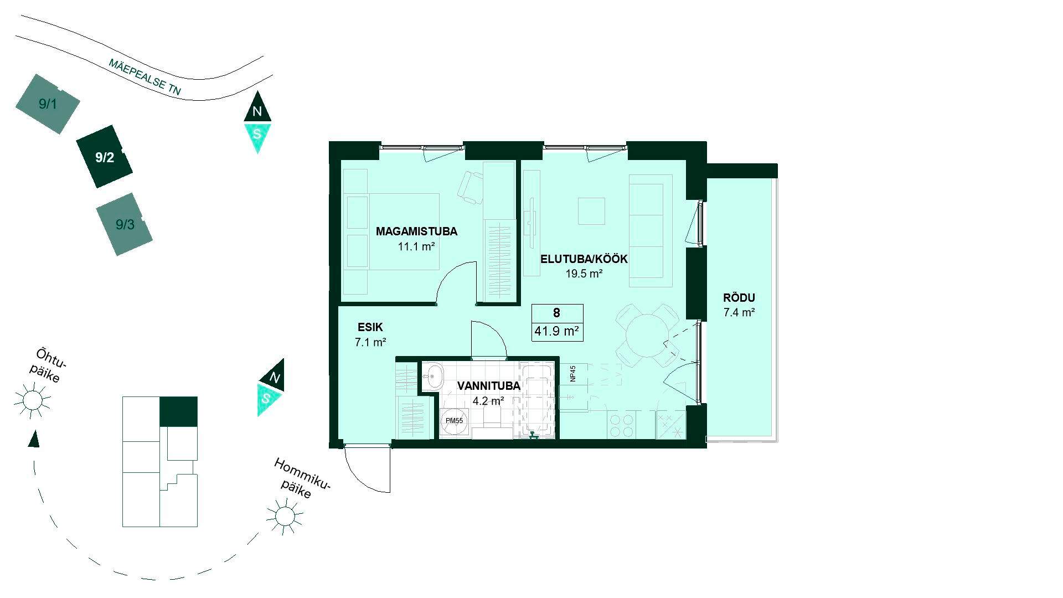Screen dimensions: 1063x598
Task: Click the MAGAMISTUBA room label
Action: (x=416, y=231)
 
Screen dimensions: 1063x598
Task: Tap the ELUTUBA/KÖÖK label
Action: (x=584, y=259)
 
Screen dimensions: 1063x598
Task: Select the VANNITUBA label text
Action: (x=488, y=386)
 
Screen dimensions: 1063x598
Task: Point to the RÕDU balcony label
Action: (x=739, y=297)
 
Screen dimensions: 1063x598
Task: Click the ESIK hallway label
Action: (x=370, y=327)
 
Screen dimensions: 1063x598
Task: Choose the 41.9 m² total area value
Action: (x=557, y=332)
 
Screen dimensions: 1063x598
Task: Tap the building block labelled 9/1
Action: (x=48, y=104)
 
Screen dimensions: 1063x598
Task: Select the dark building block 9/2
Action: (x=105, y=157)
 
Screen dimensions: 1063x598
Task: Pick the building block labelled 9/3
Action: (x=125, y=224)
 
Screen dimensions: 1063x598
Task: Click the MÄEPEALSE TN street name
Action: (x=145, y=78)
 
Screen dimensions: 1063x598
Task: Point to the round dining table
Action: (x=647, y=334)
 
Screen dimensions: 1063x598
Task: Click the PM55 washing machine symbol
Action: (x=455, y=421)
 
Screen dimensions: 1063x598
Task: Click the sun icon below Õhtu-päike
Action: (x=32, y=400)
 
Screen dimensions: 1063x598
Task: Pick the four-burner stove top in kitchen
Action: (x=623, y=425)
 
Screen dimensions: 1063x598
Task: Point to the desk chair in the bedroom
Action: (x=471, y=188)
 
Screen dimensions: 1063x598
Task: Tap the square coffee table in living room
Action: (x=592, y=210)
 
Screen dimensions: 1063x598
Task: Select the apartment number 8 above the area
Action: (x=556, y=313)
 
